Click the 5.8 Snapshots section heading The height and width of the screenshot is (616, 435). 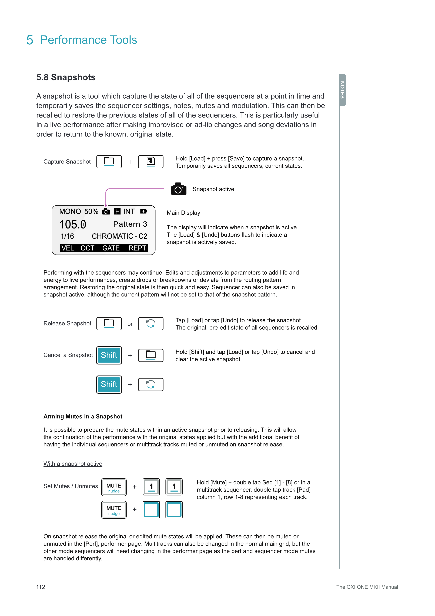pyautogui.click(x=66, y=77)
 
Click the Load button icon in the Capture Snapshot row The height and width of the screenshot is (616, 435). pyautogui.click(x=109, y=162)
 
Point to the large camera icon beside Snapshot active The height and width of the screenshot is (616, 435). pyautogui.click(x=179, y=189)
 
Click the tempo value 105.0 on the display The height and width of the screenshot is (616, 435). pyautogui.click(x=73, y=224)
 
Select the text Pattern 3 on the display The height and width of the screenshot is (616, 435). pyautogui.click(x=130, y=224)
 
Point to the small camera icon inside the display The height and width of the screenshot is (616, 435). pyautogui.click(x=106, y=212)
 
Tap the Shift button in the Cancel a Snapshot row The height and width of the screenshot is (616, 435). pyautogui.click(x=109, y=355)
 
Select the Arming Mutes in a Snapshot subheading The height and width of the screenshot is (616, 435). pyautogui.click(x=83, y=416)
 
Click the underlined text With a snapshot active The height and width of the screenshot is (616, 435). pyautogui.click(x=73, y=464)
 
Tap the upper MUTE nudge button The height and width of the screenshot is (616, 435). pyautogui.click(x=114, y=487)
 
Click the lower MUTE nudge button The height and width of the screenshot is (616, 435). pyautogui.click(x=114, y=510)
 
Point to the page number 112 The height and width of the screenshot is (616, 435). pyautogui.click(x=41, y=587)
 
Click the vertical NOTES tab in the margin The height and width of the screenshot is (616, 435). pyautogui.click(x=342, y=90)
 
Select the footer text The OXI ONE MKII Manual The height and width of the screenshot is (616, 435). pyautogui.click(x=367, y=587)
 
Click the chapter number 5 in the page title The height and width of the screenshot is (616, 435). pyautogui.click(x=30, y=40)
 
